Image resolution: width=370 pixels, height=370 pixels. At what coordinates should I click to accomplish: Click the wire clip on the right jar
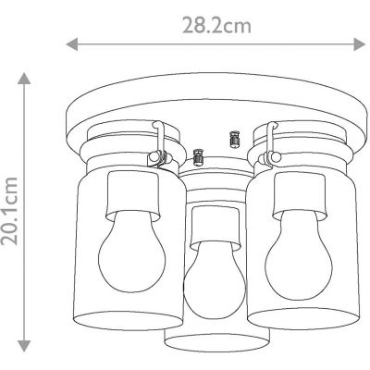[271, 143]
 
